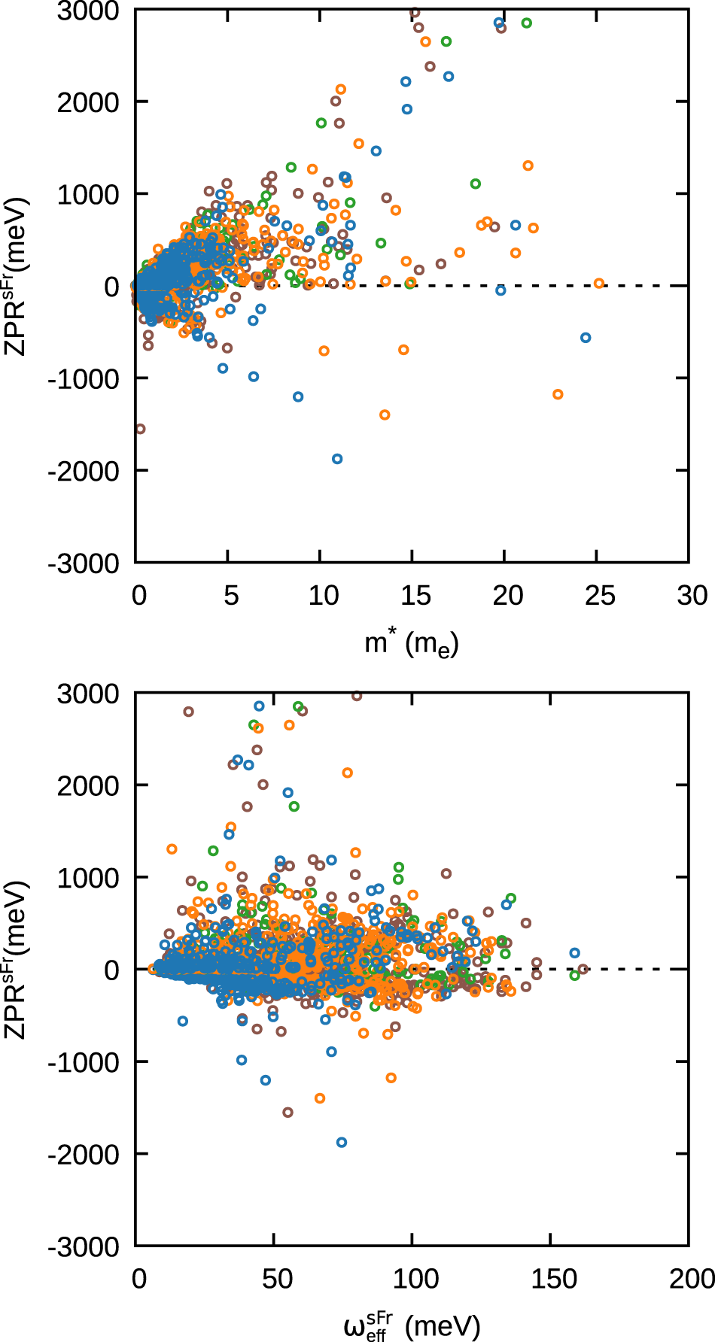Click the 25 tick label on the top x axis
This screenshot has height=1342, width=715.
click(600, 596)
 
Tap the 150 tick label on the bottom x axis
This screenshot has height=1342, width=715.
click(553, 1279)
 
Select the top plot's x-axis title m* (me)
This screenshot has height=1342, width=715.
click(411, 644)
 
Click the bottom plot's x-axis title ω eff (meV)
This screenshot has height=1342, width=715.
click(411, 1325)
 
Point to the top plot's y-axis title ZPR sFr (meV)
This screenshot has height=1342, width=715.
click(17, 277)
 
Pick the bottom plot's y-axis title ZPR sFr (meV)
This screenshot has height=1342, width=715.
click(17, 960)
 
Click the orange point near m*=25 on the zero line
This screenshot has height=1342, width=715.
click(599, 284)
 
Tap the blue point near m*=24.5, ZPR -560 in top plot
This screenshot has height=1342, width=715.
click(586, 338)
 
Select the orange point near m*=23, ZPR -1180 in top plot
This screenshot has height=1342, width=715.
click(558, 394)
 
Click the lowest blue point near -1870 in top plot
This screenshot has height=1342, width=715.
click(337, 459)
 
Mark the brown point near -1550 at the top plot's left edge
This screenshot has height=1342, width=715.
click(140, 430)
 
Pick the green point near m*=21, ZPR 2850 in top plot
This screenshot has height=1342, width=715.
click(526, 23)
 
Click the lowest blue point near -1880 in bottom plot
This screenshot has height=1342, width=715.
click(342, 1143)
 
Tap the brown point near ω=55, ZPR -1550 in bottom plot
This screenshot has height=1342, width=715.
click(288, 1113)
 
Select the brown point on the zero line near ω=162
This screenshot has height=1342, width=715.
click(583, 969)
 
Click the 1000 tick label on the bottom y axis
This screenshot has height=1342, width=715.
click(88, 878)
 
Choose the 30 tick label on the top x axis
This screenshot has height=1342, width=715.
click(692, 596)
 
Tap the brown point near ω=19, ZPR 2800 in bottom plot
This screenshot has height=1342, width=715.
click(188, 712)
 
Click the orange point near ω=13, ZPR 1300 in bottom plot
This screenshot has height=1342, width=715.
click(172, 849)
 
